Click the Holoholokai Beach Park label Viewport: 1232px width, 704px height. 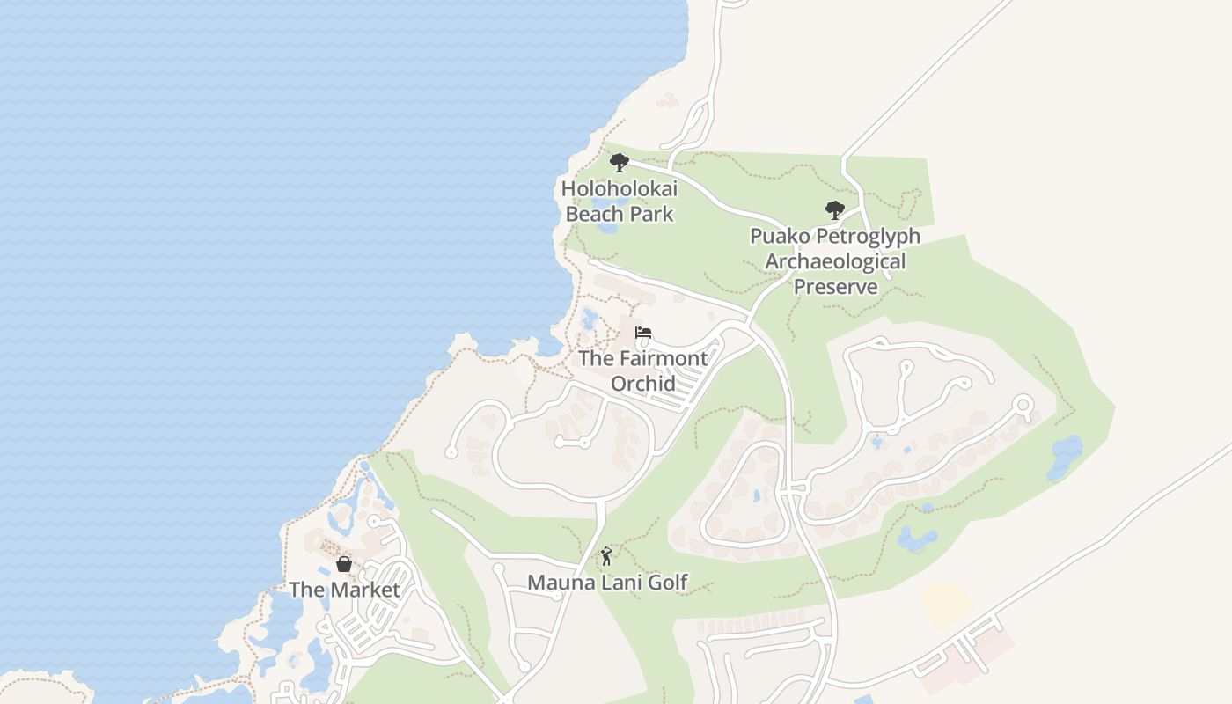point(620,202)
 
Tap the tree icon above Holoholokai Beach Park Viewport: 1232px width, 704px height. point(620,163)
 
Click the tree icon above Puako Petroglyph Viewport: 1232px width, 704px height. point(835,210)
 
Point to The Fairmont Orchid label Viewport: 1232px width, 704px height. point(642,370)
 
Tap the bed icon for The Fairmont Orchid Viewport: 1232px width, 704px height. point(643,333)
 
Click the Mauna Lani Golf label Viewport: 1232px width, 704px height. point(607,582)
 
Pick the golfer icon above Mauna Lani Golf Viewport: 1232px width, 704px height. point(606,556)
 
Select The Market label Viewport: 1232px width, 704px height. point(344,590)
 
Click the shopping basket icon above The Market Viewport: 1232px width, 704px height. point(344,564)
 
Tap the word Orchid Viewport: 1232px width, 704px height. point(643,384)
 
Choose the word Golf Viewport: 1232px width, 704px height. point(666,582)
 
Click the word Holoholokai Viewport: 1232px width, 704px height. point(620,189)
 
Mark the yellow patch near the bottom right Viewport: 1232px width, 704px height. point(946,605)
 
